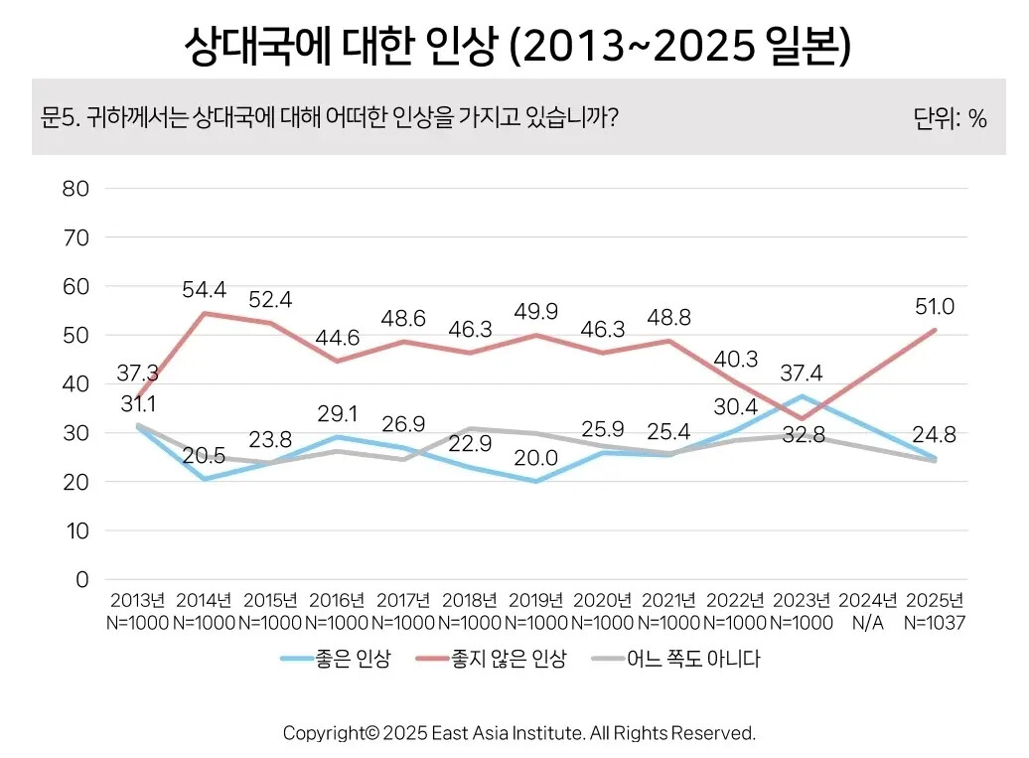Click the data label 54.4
click(204, 290)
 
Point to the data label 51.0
click(936, 306)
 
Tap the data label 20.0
click(536, 457)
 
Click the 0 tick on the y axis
click(82, 580)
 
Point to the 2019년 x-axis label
click(536, 601)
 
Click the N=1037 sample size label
click(936, 622)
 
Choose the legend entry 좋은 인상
click(335, 659)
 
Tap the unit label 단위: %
click(950, 119)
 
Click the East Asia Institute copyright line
click(519, 733)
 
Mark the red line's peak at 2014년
click(204, 313)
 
